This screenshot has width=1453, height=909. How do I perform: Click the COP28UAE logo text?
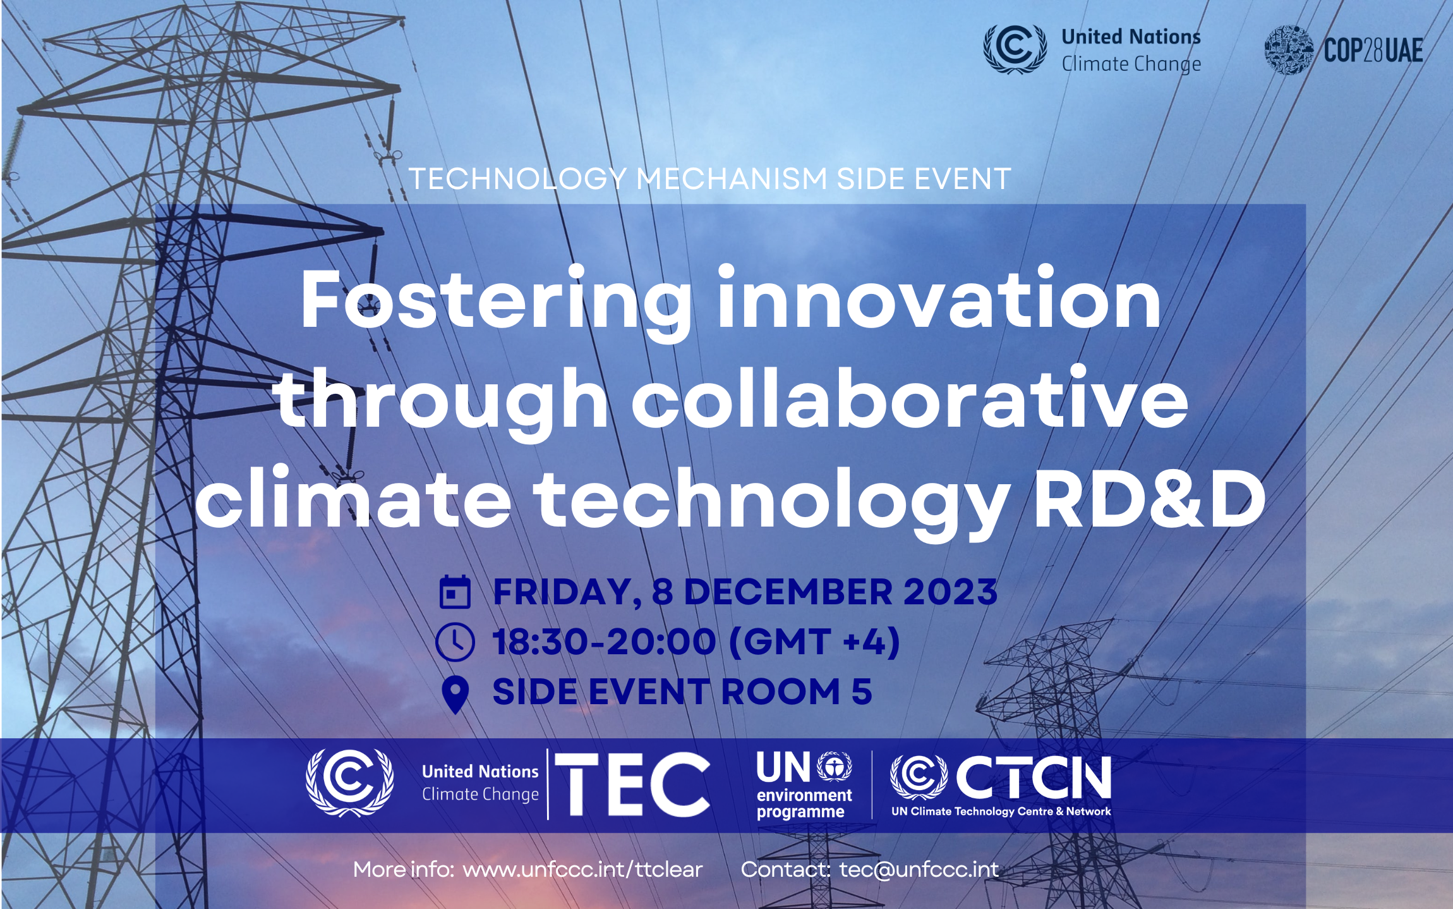click(1373, 51)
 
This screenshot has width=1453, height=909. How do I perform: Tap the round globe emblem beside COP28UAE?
click(1289, 50)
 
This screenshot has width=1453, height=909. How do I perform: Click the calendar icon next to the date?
click(455, 592)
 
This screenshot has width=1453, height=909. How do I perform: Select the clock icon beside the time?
click(455, 642)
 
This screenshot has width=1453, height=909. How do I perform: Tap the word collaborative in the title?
click(910, 398)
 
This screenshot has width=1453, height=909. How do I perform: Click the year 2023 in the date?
click(950, 592)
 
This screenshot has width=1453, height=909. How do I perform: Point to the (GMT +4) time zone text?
click(814, 642)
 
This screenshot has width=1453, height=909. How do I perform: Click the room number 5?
click(862, 691)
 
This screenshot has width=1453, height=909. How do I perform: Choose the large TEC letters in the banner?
click(632, 784)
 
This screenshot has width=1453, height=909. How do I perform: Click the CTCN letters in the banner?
click(1034, 778)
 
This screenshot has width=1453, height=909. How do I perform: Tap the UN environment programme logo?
click(804, 784)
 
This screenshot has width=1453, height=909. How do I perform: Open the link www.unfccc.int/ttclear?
click(582, 870)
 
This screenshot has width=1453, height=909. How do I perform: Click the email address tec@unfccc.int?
click(919, 870)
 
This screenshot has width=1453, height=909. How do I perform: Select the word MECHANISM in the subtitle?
click(732, 179)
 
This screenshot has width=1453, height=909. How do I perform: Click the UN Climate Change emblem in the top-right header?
click(1015, 49)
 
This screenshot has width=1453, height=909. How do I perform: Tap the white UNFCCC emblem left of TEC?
click(350, 783)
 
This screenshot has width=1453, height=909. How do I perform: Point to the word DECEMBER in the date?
click(788, 592)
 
